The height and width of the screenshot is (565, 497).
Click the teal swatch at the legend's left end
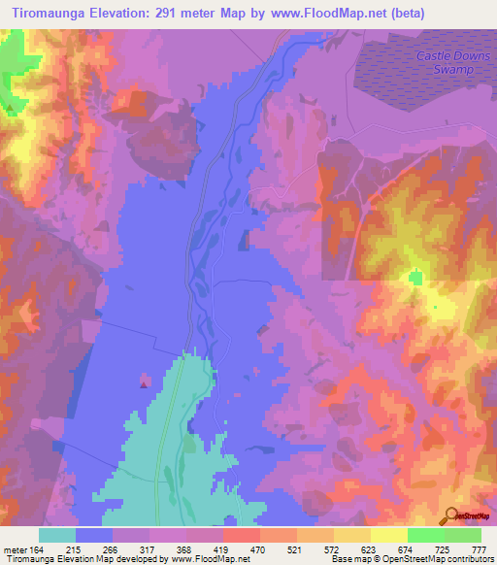pyautogui.click(x=57, y=535)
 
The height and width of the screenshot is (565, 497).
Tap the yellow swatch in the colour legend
pyautogui.click(x=351, y=535)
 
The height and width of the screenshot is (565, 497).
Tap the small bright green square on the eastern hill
pyautogui.click(x=416, y=278)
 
